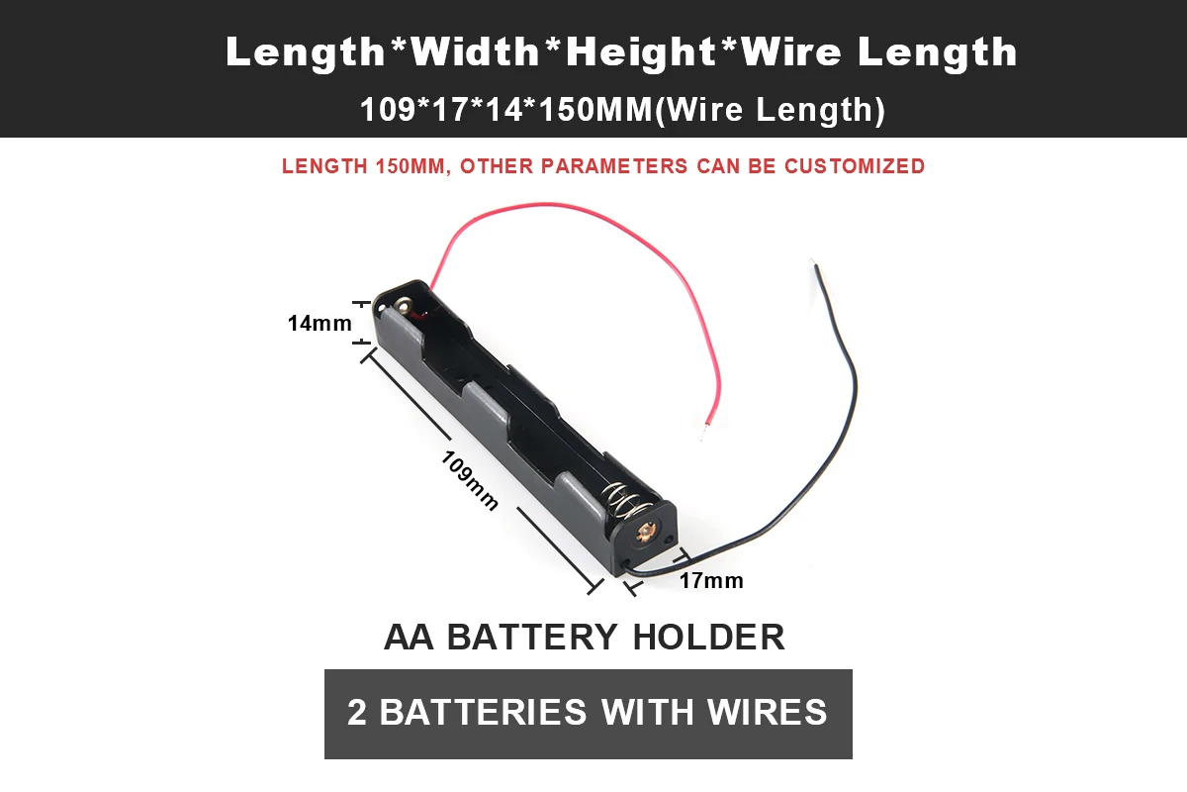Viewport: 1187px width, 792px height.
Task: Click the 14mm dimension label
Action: (320, 323)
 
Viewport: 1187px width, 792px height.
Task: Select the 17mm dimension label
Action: (710, 581)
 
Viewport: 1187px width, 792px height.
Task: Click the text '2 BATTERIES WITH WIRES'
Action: (588, 713)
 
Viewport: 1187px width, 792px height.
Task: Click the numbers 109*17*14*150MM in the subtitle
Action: (503, 110)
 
